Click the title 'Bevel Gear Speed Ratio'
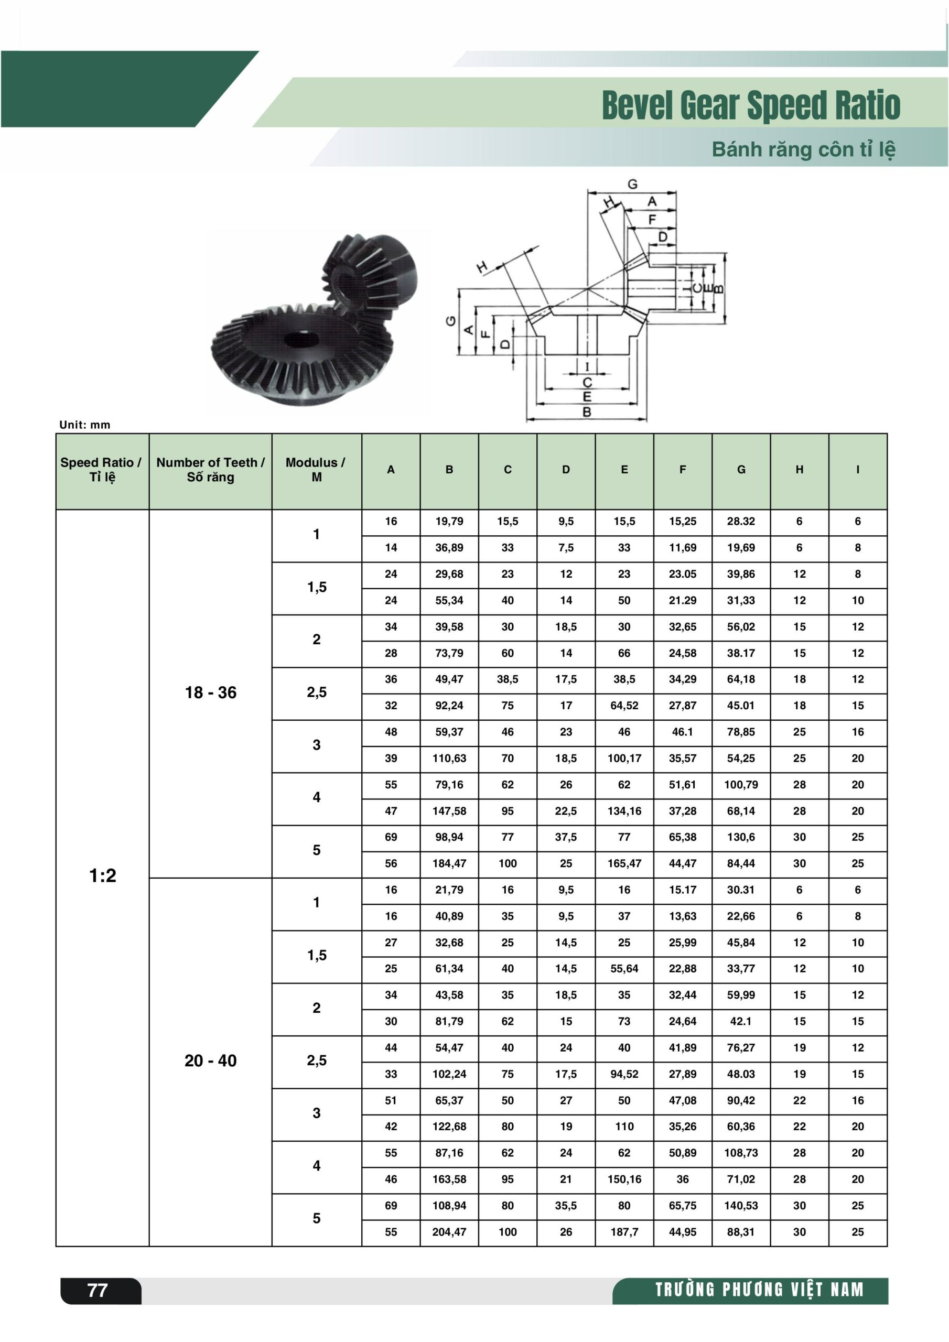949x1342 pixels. [x=751, y=105]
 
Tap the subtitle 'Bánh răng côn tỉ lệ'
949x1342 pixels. [x=803, y=149]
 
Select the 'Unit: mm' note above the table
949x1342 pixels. [x=85, y=425]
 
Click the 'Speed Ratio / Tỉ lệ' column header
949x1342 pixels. [x=102, y=469]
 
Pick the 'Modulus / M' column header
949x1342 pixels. [x=316, y=469]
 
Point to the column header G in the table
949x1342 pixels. [x=741, y=469]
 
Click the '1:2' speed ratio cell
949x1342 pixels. [x=102, y=875]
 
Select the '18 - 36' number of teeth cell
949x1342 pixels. [x=210, y=692]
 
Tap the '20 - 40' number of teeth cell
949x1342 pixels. [x=210, y=1060]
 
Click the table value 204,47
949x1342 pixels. [x=449, y=1231]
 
